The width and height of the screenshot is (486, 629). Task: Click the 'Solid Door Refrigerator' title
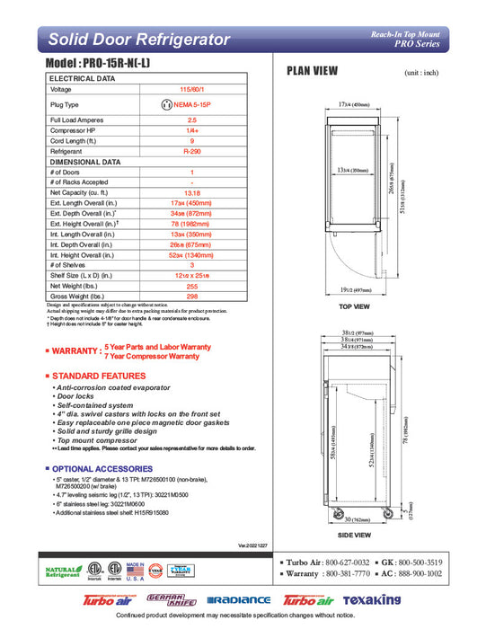point(138,40)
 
